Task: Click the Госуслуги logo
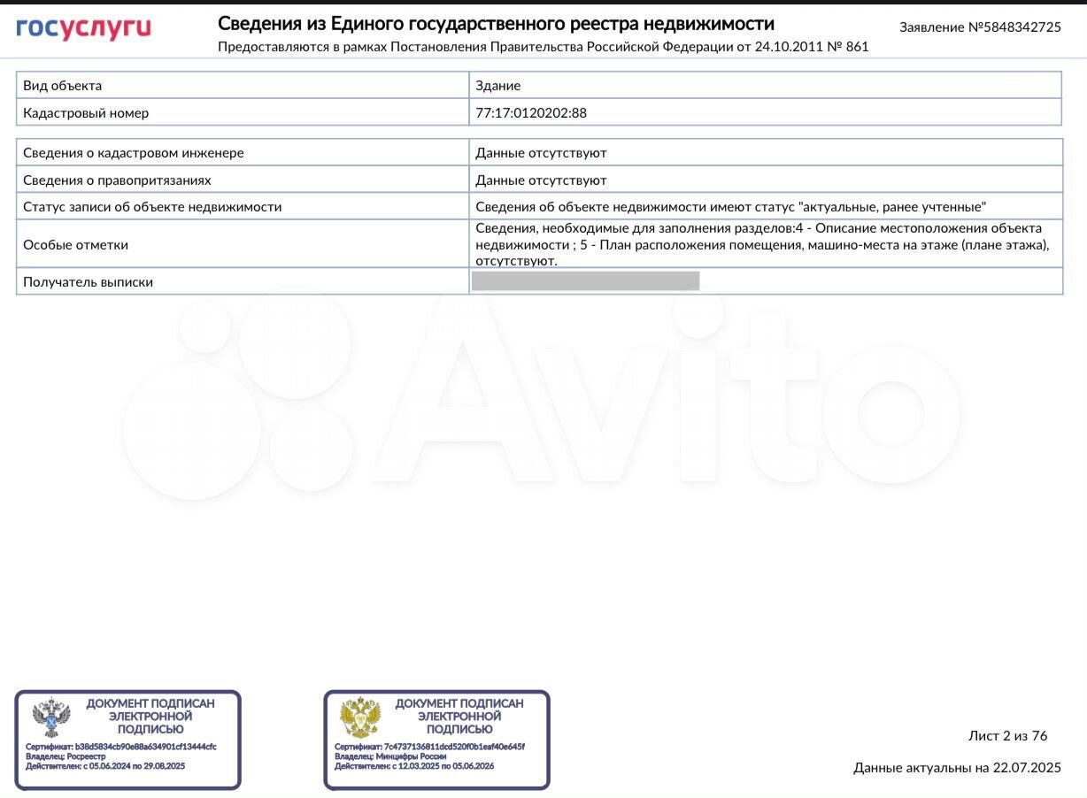click(x=83, y=28)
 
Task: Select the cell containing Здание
click(x=498, y=86)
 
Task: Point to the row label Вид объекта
click(x=63, y=86)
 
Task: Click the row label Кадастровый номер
click(x=86, y=113)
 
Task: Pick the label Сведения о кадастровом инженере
click(x=134, y=153)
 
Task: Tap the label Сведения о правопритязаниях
click(x=118, y=180)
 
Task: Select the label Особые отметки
click(x=76, y=245)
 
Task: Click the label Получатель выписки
click(x=89, y=282)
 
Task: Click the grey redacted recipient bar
click(x=585, y=281)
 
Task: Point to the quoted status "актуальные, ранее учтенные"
click(x=892, y=207)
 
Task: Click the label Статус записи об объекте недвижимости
click(x=152, y=207)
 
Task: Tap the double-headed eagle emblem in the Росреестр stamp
click(x=51, y=717)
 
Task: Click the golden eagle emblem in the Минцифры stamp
click(x=360, y=717)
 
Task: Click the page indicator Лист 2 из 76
click(x=1007, y=736)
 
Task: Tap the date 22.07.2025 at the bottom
click(x=1027, y=768)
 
